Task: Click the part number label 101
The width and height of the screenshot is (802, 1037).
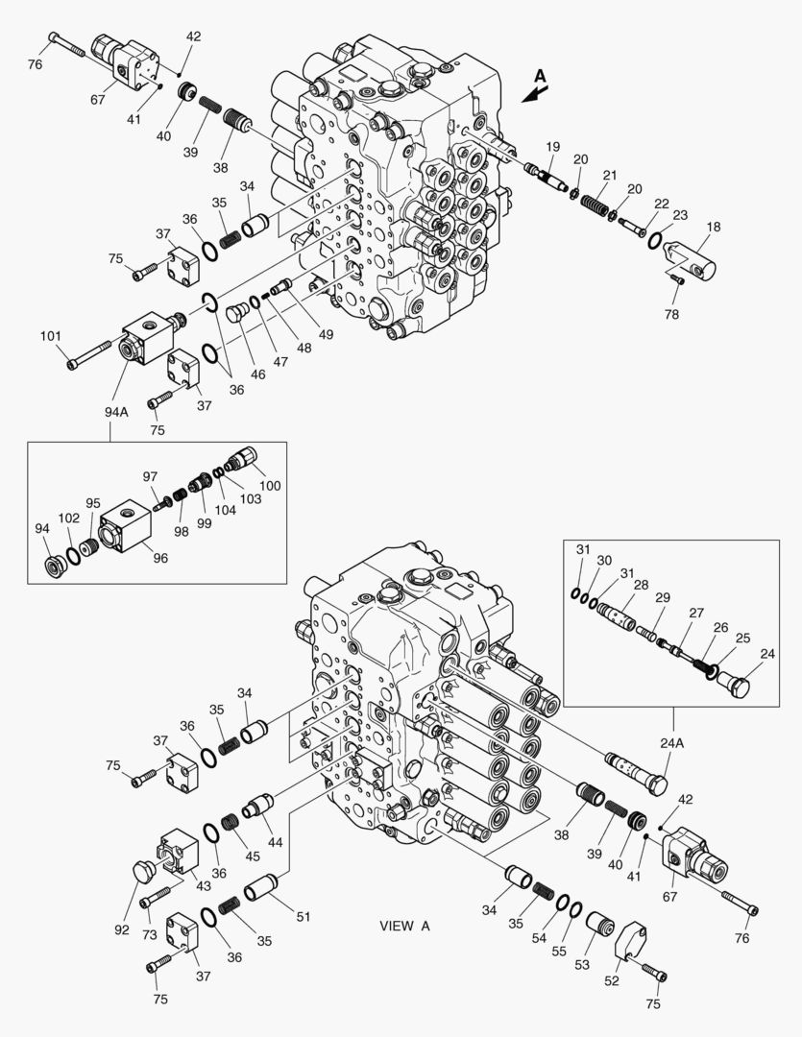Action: pyautogui.click(x=50, y=336)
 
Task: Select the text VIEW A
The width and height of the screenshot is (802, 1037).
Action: pyautogui.click(x=404, y=926)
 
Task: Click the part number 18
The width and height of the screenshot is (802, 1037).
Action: pyautogui.click(x=714, y=228)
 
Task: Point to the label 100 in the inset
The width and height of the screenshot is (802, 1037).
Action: pyautogui.click(x=270, y=486)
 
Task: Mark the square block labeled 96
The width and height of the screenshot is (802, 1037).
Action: pyautogui.click(x=126, y=523)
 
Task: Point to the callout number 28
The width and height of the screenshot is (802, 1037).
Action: pyautogui.click(x=641, y=584)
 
